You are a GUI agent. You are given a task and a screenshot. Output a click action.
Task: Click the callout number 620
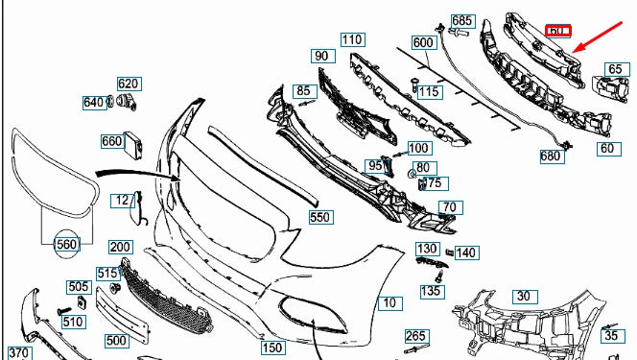click(129, 84)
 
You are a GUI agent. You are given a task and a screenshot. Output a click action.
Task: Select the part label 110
click(352, 40)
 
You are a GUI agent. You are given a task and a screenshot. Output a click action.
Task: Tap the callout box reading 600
click(423, 43)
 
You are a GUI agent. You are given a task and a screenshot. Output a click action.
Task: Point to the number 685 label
click(462, 21)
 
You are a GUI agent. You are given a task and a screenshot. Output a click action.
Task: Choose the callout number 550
click(320, 218)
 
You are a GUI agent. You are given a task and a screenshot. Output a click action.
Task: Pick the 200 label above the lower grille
click(121, 248)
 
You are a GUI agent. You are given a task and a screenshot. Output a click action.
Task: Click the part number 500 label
click(116, 340)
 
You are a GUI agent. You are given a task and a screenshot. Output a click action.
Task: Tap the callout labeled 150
click(273, 348)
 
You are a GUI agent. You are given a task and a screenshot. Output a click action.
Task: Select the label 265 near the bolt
click(414, 335)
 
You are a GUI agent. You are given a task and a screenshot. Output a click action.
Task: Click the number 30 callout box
click(522, 297)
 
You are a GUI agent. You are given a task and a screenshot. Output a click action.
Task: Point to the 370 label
click(19, 353)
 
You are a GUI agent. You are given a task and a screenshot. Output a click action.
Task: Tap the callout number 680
click(551, 156)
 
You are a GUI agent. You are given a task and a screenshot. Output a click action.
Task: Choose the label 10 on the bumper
click(389, 303)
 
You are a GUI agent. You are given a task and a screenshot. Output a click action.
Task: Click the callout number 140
click(466, 252)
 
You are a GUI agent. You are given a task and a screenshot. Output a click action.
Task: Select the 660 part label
click(112, 141)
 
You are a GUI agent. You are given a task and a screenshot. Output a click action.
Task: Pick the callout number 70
click(449, 207)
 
